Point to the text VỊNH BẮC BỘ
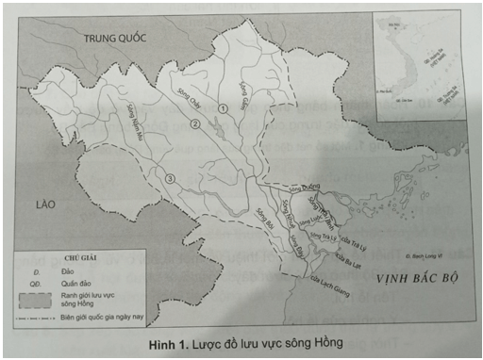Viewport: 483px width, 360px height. [x=416, y=280]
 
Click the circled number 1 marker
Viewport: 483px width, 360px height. [x=224, y=109]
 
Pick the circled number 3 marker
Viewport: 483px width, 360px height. [x=170, y=179]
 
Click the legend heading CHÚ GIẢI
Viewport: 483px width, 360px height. [x=78, y=255]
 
